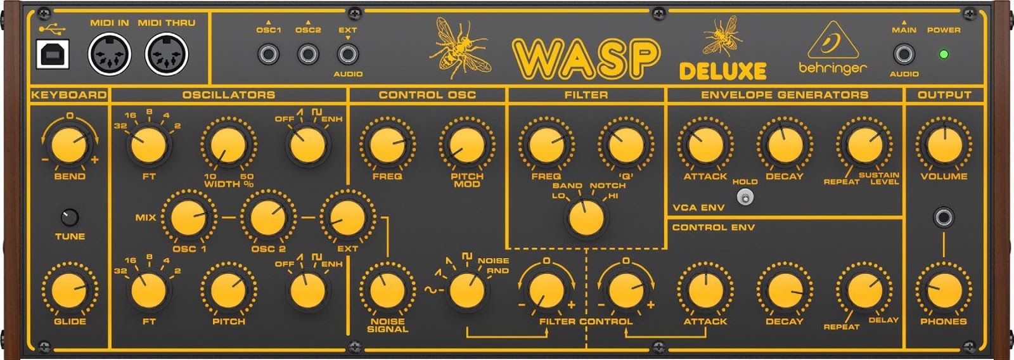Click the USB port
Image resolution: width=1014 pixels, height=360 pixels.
click(52, 55)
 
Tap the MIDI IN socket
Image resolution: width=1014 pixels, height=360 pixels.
click(109, 55)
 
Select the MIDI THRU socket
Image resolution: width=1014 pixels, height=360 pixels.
click(167, 55)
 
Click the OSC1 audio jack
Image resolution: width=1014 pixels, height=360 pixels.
click(268, 55)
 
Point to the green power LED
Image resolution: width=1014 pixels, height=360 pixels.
click(944, 55)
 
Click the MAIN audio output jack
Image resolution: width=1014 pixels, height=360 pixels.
click(904, 55)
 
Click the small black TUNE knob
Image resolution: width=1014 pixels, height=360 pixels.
click(70, 217)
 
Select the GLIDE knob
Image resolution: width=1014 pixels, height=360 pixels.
click(70, 290)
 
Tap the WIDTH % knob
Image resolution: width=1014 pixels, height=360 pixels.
click(228, 145)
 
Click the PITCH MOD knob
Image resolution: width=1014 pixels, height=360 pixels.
click(467, 145)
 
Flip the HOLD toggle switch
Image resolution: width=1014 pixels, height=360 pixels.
click(745, 198)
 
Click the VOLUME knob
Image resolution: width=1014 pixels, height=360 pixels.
click(944, 145)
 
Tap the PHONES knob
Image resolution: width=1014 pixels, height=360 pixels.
click(944, 290)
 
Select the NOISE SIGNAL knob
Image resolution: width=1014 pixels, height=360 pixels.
click(387, 290)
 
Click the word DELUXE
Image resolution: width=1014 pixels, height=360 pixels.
click(722, 70)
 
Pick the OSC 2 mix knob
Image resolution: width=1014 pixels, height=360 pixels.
click(268, 217)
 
